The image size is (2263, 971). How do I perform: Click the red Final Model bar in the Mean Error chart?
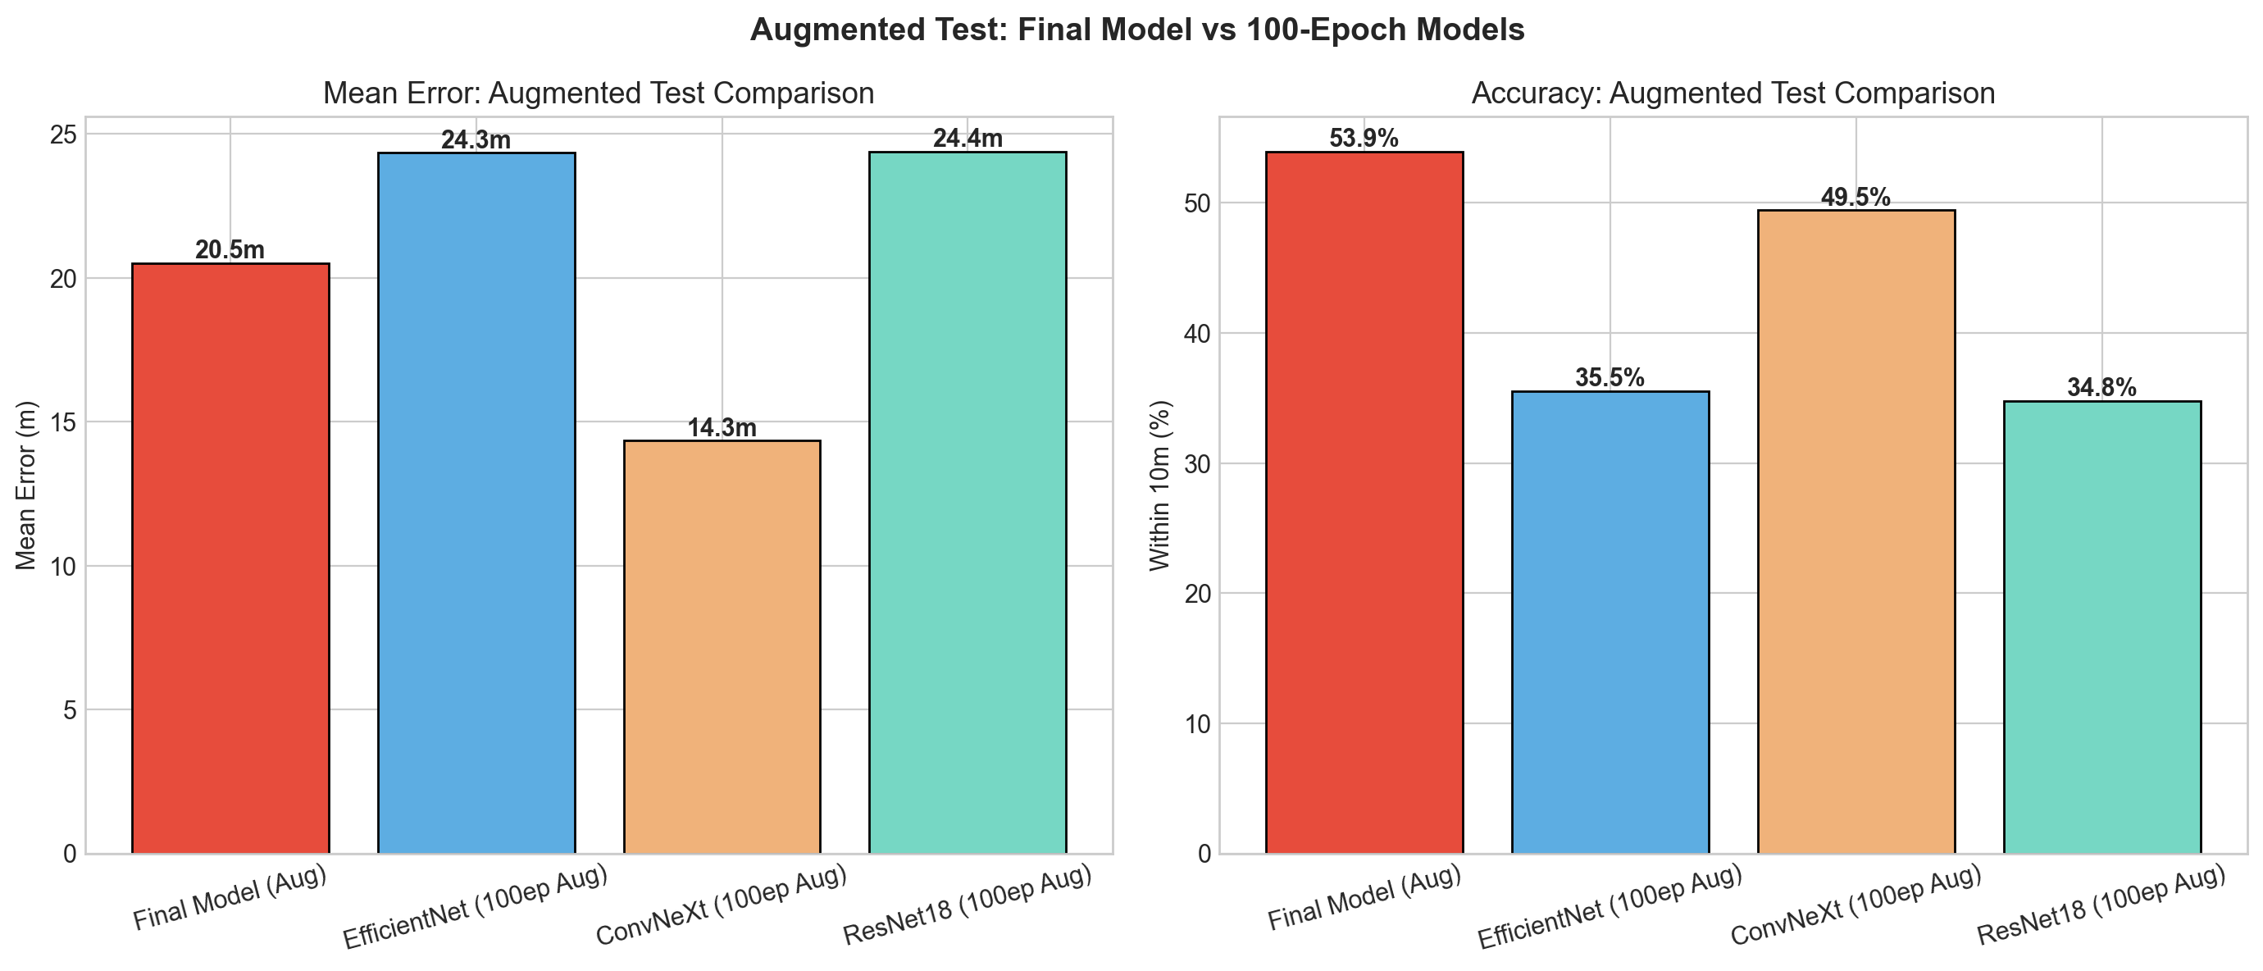point(230,558)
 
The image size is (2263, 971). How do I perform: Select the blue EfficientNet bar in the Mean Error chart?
point(476,503)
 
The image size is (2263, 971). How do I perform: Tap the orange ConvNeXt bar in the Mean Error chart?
point(722,647)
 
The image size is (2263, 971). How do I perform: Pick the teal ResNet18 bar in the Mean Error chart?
point(968,503)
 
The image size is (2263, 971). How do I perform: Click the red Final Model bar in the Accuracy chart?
point(1364,503)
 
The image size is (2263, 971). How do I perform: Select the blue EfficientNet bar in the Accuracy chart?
point(1610,622)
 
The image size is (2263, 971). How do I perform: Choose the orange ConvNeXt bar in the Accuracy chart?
point(1856,531)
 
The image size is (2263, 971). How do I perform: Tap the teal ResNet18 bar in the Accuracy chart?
point(2101,627)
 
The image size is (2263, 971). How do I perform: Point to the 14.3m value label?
point(722,428)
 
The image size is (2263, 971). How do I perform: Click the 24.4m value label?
point(968,139)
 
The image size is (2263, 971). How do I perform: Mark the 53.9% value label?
point(1364,139)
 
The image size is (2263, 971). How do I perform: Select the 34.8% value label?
point(2101,388)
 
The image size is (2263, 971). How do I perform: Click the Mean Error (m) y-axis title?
point(26,485)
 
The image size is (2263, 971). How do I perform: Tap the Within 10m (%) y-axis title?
point(1160,485)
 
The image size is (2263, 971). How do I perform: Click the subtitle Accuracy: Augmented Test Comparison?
point(1733,93)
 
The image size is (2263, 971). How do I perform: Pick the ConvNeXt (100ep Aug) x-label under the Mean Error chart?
point(721,905)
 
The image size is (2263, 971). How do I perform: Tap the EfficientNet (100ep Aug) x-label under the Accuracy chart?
point(1610,908)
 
